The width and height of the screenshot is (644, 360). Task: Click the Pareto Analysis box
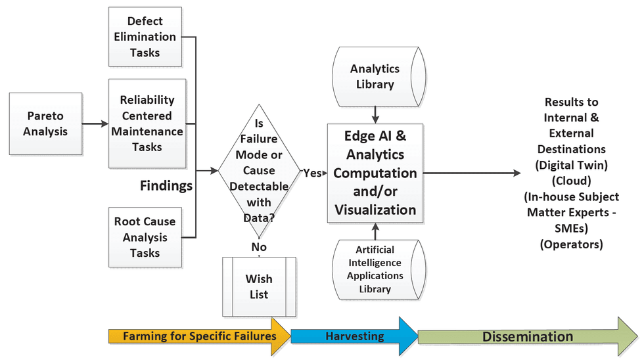coord(45,124)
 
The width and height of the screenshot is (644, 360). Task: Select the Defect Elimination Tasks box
coord(145,37)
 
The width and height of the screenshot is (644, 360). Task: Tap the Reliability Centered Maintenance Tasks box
coord(146,123)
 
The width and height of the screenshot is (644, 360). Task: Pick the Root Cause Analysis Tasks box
coord(145,237)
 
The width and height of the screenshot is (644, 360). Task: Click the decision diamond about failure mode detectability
coord(258,171)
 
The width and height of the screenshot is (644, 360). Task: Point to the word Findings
coord(166,186)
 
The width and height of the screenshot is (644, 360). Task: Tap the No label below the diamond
coord(259,246)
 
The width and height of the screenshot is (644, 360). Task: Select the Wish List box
coord(259,287)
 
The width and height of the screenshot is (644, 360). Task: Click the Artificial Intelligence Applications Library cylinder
coord(375,269)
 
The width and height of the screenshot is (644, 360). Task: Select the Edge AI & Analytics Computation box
coord(375,173)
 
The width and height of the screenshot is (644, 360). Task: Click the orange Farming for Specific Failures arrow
coord(197,336)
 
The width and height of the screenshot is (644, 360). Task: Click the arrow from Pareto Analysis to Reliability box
coord(95,124)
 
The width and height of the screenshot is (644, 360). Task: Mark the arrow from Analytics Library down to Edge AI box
coord(375,113)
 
